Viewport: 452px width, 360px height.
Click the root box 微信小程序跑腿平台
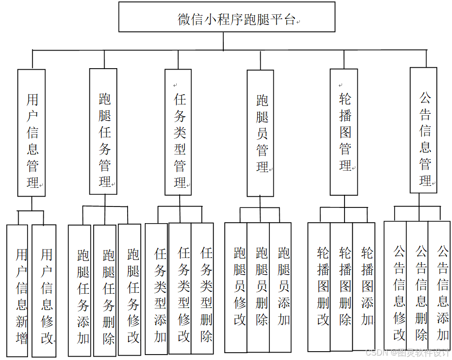tap(227, 19)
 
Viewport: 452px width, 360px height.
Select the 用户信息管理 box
tap(31, 132)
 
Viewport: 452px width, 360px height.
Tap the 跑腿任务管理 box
tap(103, 131)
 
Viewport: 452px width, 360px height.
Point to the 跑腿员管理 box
tap(260, 132)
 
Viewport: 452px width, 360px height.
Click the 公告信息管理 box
tap(423, 130)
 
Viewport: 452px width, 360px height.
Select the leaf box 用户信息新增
tap(19, 290)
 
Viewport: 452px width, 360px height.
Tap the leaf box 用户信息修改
tap(44, 290)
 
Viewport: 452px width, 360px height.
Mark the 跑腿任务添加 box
tap(80, 290)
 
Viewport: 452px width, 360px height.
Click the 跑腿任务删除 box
tap(105, 290)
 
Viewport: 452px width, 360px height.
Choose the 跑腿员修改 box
tap(236, 287)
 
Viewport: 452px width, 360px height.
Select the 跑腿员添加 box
tap(280, 287)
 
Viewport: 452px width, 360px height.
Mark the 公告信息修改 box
tap(395, 286)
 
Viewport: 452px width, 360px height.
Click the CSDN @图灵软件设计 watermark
tap(407, 353)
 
